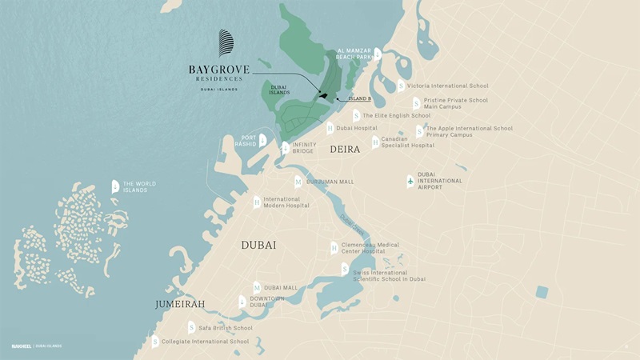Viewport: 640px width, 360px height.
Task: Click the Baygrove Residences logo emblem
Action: [228, 43]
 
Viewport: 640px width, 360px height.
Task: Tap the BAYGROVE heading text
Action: [219, 70]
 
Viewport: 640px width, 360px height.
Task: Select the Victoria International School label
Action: [447, 86]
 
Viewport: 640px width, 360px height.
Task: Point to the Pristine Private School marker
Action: [416, 103]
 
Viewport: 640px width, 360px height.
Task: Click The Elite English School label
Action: [396, 115]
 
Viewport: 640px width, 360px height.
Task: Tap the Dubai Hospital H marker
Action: [330, 127]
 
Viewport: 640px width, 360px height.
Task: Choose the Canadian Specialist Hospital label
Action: [407, 142]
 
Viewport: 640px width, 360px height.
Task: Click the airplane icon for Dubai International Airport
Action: [410, 181]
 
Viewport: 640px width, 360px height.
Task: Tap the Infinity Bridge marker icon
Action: [285, 147]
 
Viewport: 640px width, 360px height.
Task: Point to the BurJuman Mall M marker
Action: [298, 182]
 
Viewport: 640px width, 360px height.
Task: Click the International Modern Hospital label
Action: [286, 202]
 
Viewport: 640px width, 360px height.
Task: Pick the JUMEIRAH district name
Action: [182, 305]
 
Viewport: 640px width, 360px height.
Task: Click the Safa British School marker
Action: [191, 327]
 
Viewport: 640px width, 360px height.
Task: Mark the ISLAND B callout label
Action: [358, 98]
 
